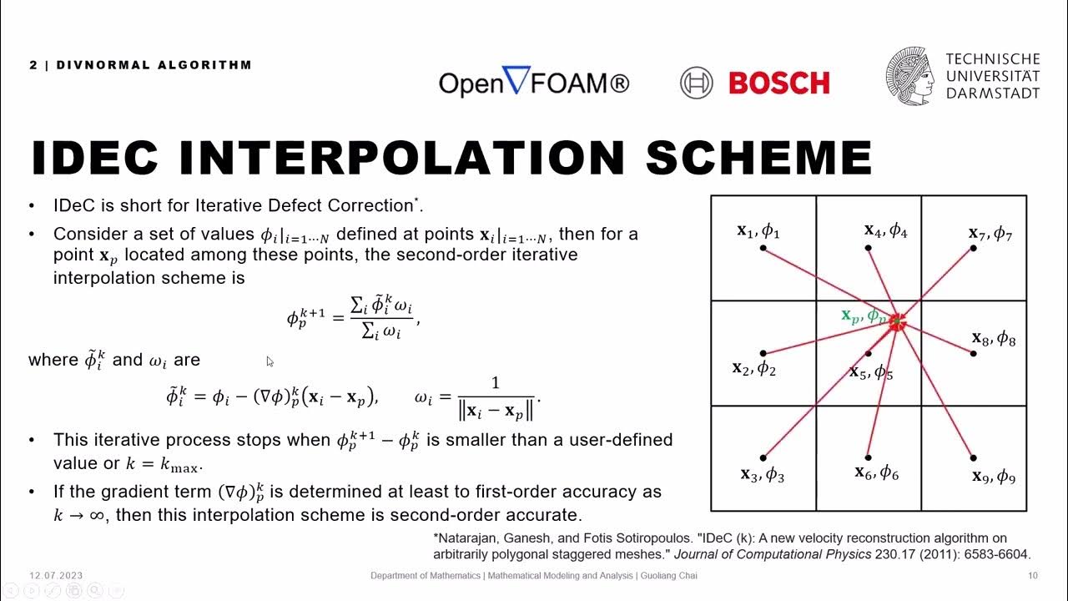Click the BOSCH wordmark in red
coord(778,83)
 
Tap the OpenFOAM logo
coord(534,82)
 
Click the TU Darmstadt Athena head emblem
coord(909,76)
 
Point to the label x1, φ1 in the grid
coord(758,230)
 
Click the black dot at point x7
coord(974,248)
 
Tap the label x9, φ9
coord(993,477)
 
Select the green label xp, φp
coord(864,316)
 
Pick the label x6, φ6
coord(876,472)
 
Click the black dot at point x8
coord(974,354)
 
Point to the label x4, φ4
coord(885,230)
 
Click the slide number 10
coord(1033,576)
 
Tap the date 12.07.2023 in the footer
coord(56,576)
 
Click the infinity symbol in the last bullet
coord(96,515)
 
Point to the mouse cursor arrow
coord(270,361)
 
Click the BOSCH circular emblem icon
coord(696,83)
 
